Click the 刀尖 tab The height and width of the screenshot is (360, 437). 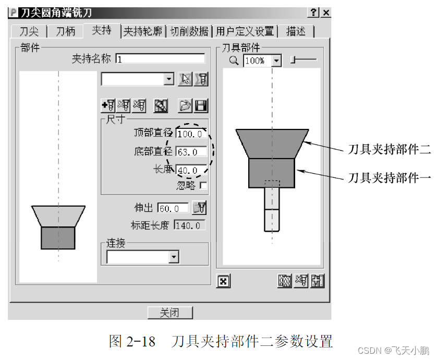pos(29,31)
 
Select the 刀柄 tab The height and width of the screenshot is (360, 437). pos(66,31)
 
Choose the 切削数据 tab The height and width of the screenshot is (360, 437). pos(190,32)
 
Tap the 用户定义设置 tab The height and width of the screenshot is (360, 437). pos(245,32)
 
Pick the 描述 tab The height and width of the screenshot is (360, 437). pos(296,32)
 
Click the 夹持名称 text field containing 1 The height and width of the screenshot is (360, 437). pos(160,59)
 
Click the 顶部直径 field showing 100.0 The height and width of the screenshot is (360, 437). pos(191,134)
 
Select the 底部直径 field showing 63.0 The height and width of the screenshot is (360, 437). pos(191,152)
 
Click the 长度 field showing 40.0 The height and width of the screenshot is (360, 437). pos(190,171)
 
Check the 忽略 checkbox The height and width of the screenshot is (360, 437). pos(203,185)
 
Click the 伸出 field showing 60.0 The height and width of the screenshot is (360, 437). pos(174,208)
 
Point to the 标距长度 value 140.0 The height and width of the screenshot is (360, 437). pos(189,225)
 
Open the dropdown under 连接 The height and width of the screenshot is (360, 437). pos(174,257)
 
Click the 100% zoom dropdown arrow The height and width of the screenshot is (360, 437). pos(276,61)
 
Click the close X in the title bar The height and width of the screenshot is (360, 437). pos(326,13)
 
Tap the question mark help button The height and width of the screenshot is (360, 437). pos(314,13)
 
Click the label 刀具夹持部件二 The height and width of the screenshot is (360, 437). pos(389,150)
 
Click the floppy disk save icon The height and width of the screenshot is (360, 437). pos(201,106)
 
